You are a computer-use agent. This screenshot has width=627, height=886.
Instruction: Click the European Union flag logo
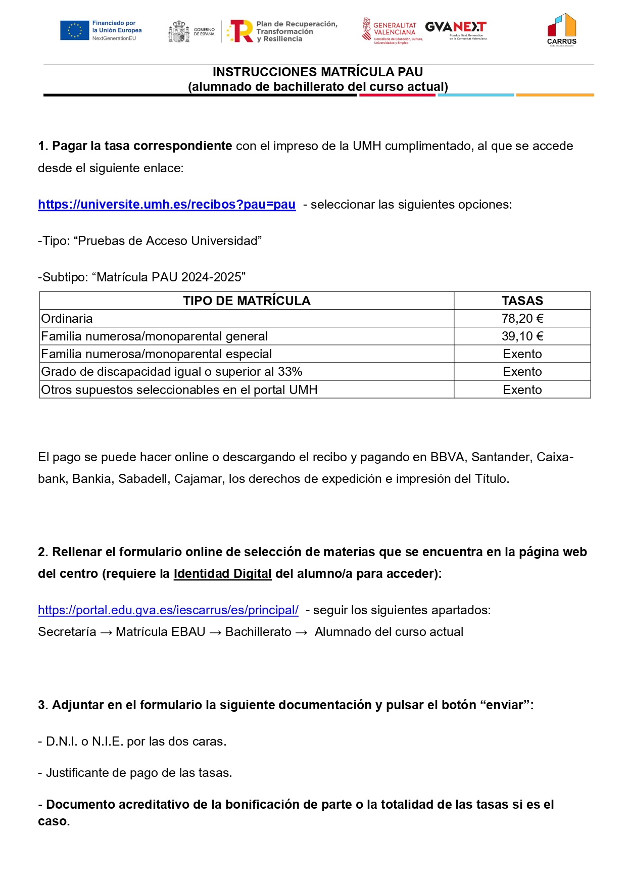pos(74,30)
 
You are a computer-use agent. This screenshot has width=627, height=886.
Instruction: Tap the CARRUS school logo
pos(561,29)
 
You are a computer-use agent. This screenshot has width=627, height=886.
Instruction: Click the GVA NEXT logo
pos(456,29)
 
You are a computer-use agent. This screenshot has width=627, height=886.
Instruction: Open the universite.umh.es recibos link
pos(167,205)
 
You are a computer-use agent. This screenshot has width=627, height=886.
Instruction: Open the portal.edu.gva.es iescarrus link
pos(168,610)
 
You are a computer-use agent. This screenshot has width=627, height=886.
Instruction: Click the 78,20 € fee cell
pos(522,319)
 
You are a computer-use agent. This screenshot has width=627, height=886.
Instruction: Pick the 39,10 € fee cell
pos(522,336)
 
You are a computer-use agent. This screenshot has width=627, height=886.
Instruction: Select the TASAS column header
pos(522,301)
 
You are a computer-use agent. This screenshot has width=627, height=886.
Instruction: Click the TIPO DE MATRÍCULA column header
pos(247,301)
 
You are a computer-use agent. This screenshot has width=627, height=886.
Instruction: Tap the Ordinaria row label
pos(67,319)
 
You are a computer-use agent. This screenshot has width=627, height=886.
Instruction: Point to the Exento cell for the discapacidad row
pos(522,372)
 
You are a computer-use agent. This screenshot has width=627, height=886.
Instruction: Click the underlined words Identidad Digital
pos(222,574)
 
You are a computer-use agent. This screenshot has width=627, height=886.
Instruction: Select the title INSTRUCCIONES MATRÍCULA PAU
pos(318,72)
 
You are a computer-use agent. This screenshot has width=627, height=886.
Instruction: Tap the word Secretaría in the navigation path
pos(67,632)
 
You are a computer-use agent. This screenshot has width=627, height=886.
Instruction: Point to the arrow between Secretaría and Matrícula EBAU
pos(106,632)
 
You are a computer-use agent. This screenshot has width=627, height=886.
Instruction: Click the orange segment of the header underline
pos(555,95)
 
